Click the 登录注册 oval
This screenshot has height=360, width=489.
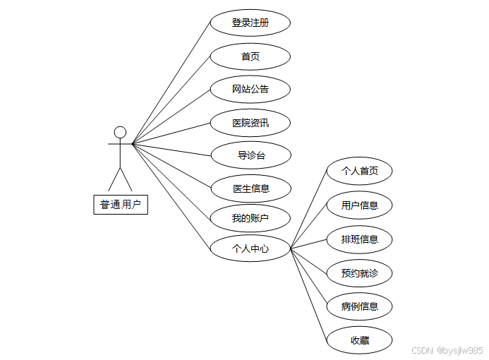pos(250,23)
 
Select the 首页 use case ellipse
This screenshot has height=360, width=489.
pos(250,56)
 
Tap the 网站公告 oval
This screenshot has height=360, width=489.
pos(250,90)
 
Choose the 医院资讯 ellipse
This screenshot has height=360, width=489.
pos(250,123)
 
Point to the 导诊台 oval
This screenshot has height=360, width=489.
pos(250,155)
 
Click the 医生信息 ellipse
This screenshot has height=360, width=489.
pos(250,188)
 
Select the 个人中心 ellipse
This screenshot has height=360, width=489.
pos(250,248)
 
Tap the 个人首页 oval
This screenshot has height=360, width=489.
pos(359,171)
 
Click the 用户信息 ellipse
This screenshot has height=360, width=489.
pos(359,205)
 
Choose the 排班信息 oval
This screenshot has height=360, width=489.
pos(359,239)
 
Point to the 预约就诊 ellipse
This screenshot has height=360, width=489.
pos(359,272)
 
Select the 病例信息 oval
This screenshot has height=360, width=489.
pos(359,306)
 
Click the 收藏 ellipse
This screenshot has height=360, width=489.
pos(359,340)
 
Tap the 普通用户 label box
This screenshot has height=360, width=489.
pos(121,205)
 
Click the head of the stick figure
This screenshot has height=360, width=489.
pos(120,132)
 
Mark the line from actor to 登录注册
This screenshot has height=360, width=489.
pos(171,83)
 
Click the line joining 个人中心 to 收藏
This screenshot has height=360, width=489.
pos(308,294)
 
